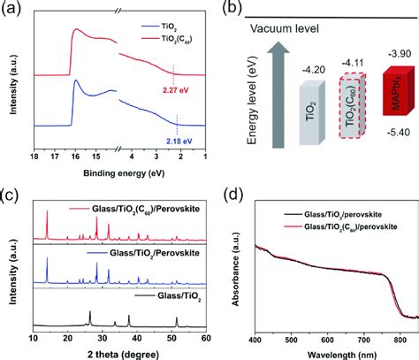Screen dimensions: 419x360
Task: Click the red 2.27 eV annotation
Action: tap(175, 89)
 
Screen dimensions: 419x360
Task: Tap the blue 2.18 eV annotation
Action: tap(179, 141)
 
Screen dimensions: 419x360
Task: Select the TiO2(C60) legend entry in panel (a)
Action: tap(167, 39)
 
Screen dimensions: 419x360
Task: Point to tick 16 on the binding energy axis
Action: tap(75, 157)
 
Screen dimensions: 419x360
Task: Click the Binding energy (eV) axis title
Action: tap(124, 173)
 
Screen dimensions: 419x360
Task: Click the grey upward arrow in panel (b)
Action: tap(278, 95)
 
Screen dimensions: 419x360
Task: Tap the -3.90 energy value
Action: tap(400, 54)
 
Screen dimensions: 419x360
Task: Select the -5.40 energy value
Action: tap(399, 133)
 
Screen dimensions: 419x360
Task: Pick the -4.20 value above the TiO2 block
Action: tap(314, 70)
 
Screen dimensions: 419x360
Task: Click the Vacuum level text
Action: tap(285, 29)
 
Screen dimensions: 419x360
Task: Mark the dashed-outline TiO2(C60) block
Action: tap(353, 105)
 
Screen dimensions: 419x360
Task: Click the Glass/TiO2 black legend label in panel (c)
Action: tap(179, 295)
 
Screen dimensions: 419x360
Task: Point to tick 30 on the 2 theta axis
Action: tap(103, 338)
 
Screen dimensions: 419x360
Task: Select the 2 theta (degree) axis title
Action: tap(123, 354)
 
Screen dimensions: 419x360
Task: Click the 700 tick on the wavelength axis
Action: tap(364, 341)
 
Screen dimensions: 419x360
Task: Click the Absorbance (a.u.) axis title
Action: tap(235, 280)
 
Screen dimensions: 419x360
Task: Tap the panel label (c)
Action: tap(11, 195)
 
